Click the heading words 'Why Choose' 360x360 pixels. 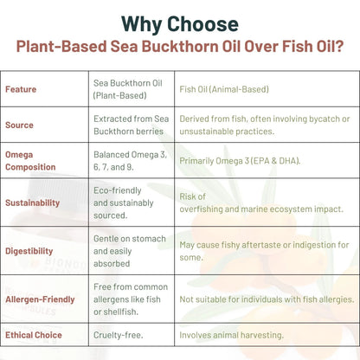coord(180,22)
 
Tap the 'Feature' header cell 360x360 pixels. coord(21,89)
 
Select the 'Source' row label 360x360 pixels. coord(19,125)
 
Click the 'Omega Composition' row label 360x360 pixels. coord(31,160)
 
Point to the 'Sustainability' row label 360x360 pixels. coord(33,202)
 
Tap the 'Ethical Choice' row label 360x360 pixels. coord(34,334)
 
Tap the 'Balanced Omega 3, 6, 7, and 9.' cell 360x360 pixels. coord(130,160)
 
